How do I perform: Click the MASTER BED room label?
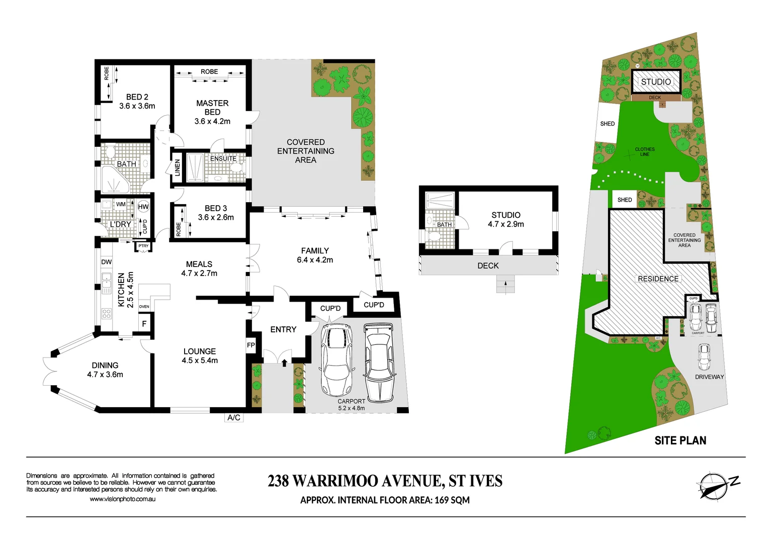click(212, 108)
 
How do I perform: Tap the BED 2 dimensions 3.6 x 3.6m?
click(137, 106)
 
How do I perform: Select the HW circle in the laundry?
click(143, 207)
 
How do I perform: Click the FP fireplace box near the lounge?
click(251, 345)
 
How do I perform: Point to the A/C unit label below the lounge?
click(234, 417)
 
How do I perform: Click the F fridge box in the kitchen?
click(144, 324)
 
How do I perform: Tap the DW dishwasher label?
click(107, 262)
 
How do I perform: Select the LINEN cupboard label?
click(178, 167)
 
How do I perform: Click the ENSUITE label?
click(223, 158)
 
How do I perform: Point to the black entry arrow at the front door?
click(284, 361)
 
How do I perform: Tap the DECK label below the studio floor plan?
click(488, 265)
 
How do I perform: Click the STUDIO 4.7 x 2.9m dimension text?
click(506, 224)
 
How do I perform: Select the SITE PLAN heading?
click(680, 440)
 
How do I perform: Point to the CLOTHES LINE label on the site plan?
click(645, 152)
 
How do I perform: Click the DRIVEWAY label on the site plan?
click(709, 377)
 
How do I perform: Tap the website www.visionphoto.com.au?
click(122, 499)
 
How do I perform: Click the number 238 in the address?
click(278, 481)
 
